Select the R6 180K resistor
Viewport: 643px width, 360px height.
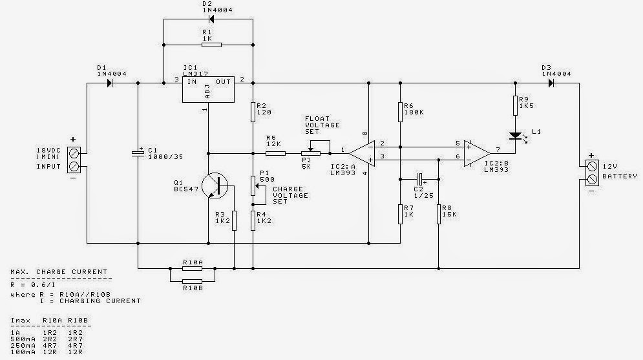tap(401, 112)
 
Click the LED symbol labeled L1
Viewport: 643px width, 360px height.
tap(515, 136)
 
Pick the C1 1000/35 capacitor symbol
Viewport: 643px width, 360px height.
tap(138, 154)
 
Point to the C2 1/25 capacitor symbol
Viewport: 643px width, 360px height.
tap(419, 177)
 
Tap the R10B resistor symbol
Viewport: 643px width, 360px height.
tap(193, 280)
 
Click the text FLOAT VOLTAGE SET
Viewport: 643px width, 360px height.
tap(322, 125)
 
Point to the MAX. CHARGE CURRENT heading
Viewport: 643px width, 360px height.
tap(58, 271)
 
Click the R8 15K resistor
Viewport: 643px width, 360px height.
tap(439, 213)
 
